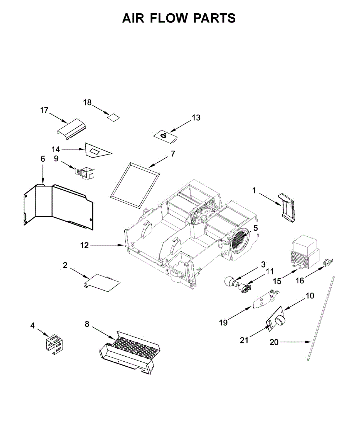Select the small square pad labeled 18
pos(114,117)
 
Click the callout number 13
pos(196,117)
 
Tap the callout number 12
pos(84,246)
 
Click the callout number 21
pos(244,340)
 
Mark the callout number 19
pos(223,323)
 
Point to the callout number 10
pos(310,296)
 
